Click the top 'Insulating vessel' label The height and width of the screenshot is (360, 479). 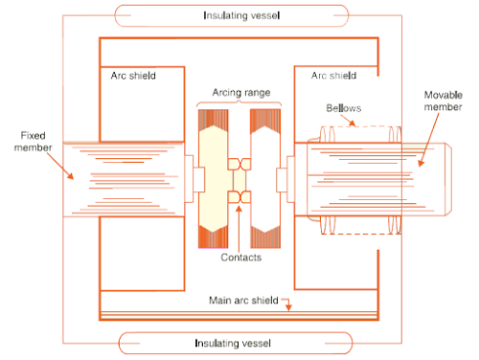pos(236,15)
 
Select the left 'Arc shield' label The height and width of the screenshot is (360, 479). pos(133,75)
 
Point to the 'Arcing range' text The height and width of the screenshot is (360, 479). pos(236,93)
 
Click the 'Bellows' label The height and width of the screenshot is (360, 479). pos(343,109)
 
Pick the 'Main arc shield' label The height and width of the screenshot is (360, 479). pos(242,301)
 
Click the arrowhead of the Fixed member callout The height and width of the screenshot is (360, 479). pos(72,179)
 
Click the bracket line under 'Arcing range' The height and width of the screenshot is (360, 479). pos(236,103)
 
